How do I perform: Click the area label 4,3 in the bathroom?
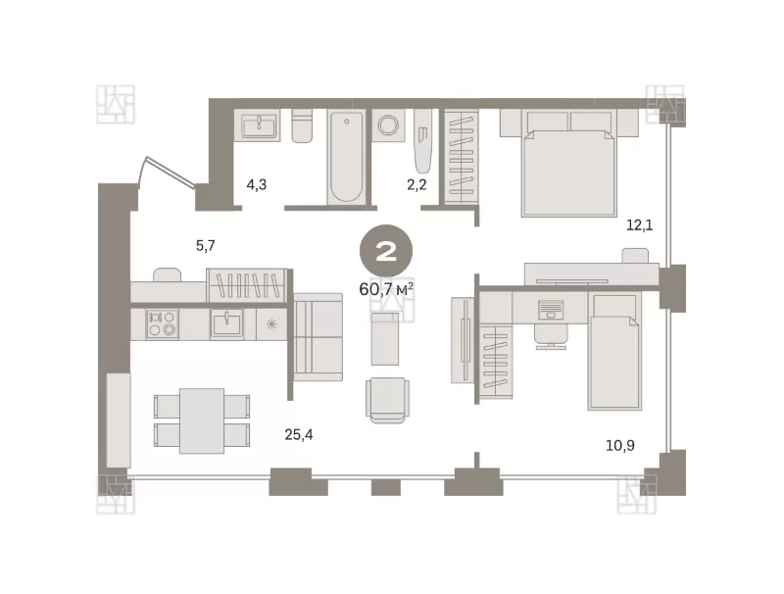point(257,185)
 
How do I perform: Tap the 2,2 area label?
point(416,185)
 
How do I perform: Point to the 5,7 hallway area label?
point(206,245)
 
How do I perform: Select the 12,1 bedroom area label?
point(640,225)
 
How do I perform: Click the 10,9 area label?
point(620,445)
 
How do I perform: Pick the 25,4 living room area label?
point(299,435)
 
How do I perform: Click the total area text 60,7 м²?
point(386,289)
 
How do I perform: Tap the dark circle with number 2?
point(386,252)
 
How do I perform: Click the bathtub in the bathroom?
point(346,157)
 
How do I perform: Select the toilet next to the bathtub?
point(302,125)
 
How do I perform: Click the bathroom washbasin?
point(258,125)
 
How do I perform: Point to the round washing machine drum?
point(388,125)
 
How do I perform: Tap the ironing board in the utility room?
point(422,141)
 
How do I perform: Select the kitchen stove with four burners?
point(162,323)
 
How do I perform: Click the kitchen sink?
point(227,324)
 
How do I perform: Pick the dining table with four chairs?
point(202,421)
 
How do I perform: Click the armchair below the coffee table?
point(387,400)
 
